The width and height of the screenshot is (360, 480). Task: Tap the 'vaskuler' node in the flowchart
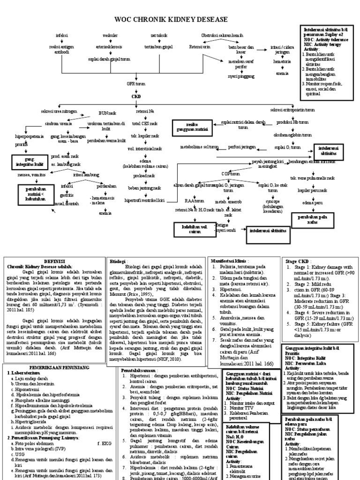pos(110,36)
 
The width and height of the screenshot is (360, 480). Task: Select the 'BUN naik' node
pos(107,113)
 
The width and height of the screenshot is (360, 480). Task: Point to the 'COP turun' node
pos(228,174)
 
